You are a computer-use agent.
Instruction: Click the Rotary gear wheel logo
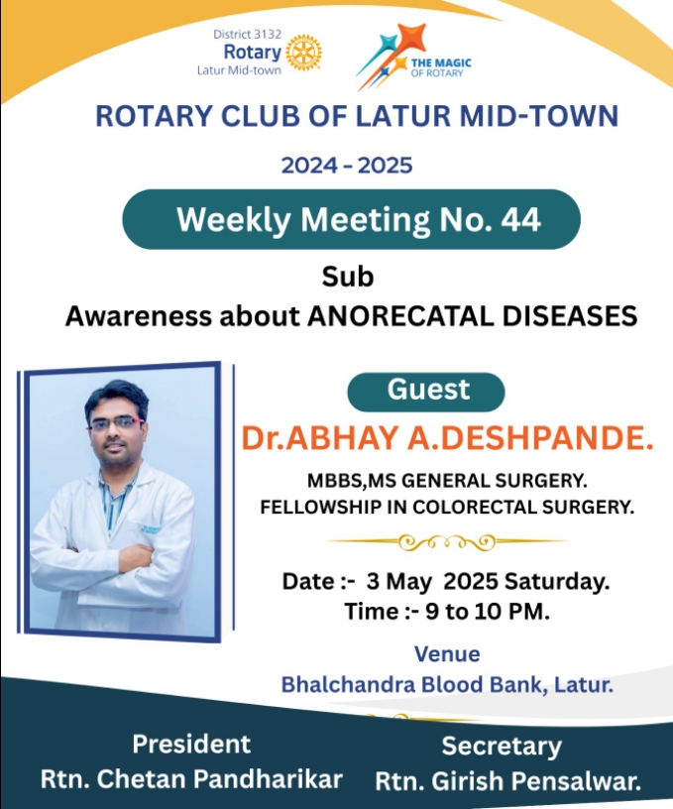[x=303, y=53]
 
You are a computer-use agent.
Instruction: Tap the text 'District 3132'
[x=247, y=34]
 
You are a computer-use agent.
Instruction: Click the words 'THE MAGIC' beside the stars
[x=441, y=62]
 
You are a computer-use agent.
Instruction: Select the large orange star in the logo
[x=411, y=39]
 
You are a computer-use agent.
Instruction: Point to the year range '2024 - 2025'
[x=347, y=166]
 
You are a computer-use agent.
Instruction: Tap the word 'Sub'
[x=348, y=277]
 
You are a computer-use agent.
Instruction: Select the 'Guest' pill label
[x=426, y=392]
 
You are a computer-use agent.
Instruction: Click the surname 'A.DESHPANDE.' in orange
[x=530, y=438]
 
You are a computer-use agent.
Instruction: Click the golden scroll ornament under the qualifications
[x=447, y=541]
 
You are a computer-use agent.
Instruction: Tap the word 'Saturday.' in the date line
[x=557, y=581]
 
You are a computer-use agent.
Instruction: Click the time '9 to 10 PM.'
[x=487, y=612]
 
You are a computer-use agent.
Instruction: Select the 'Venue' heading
[x=447, y=653]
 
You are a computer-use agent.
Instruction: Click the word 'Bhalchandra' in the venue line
[x=348, y=685]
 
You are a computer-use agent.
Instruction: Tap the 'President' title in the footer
[x=191, y=744]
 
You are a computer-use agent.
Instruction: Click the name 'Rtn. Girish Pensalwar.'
[x=508, y=781]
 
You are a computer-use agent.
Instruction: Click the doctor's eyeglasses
[x=116, y=424]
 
